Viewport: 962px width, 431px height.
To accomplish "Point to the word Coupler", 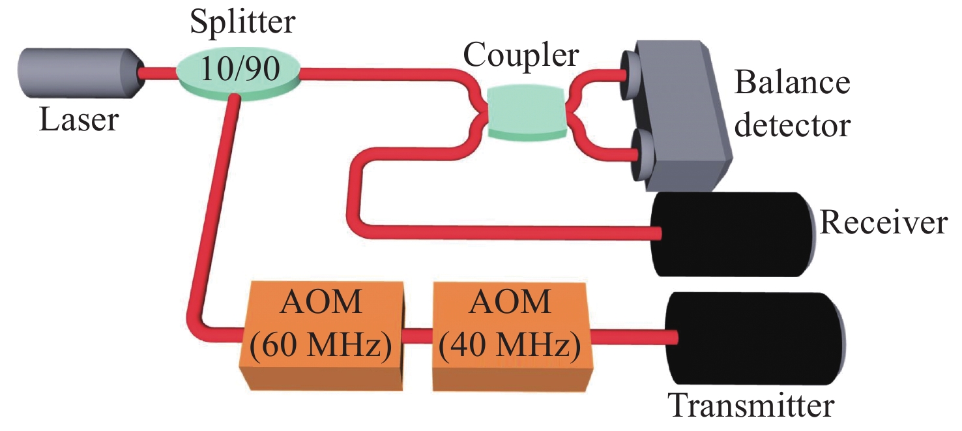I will pos(521,57).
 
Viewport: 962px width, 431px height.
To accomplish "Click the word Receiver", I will pos(882,223).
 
